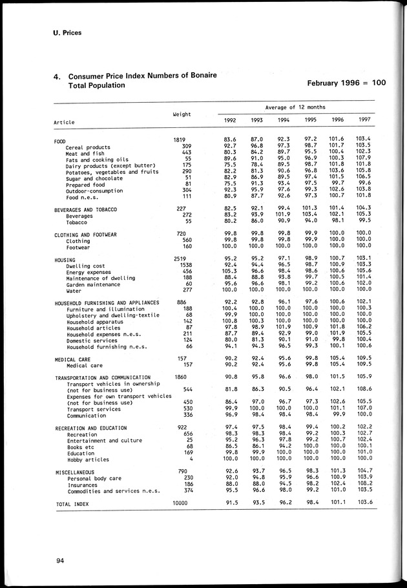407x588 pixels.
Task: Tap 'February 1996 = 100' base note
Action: (x=346, y=83)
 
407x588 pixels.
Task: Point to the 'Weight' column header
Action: (x=181, y=114)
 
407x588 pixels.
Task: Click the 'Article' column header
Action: (x=64, y=122)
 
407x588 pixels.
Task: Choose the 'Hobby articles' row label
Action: (x=89, y=459)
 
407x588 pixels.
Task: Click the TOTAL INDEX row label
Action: (x=72, y=503)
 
